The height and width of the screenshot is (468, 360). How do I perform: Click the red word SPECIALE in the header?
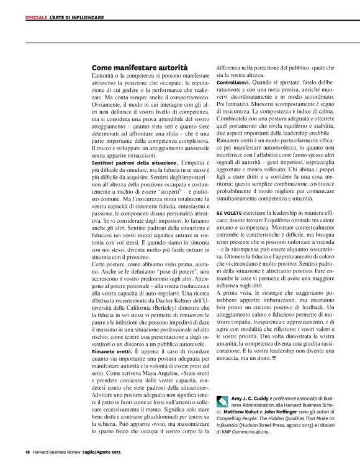[x=36, y=17]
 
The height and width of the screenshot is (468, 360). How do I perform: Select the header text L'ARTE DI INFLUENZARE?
[x=76, y=17]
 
